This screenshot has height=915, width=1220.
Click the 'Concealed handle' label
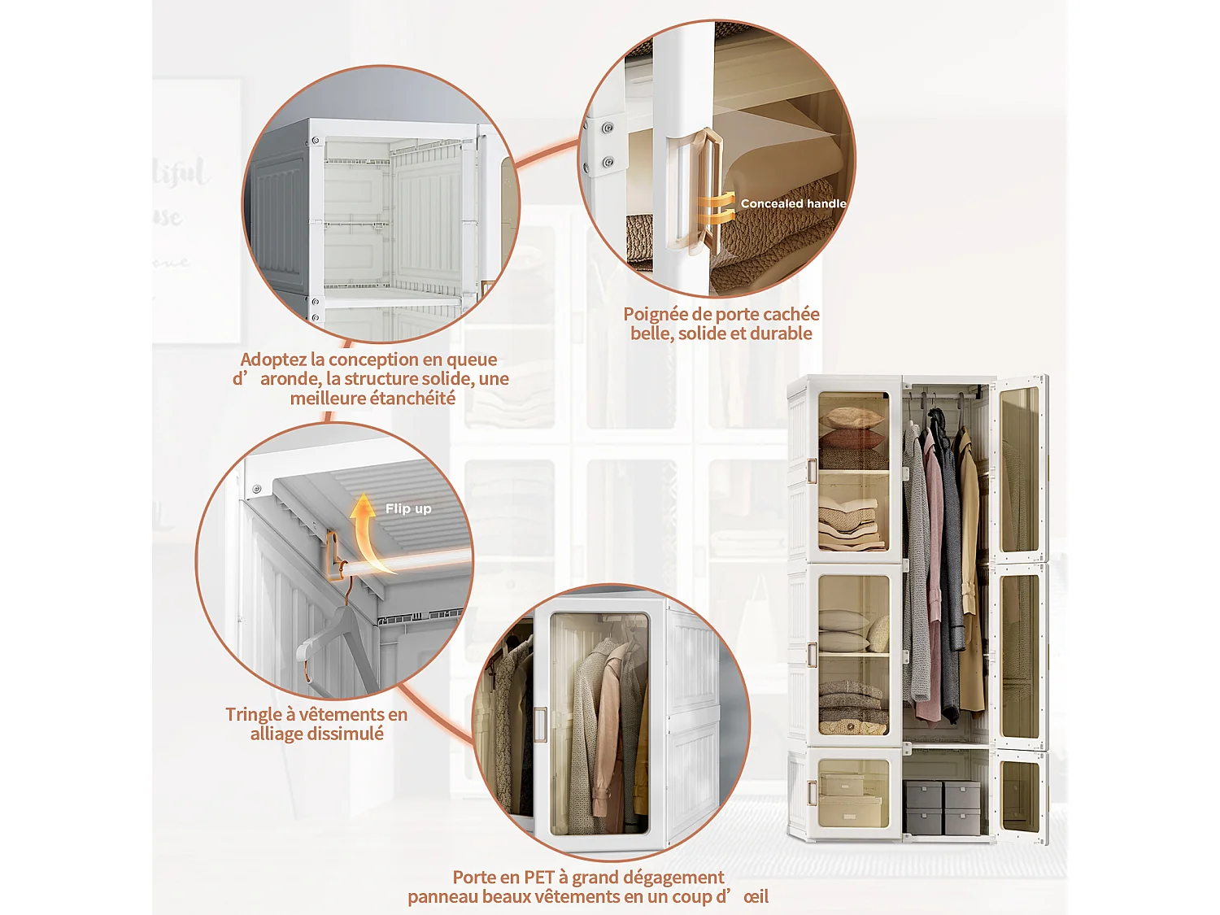click(793, 203)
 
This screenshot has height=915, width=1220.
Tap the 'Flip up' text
click(408, 508)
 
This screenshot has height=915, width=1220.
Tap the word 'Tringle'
click(254, 714)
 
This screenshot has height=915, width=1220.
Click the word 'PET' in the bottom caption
click(539, 877)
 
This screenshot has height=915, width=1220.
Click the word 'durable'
click(781, 333)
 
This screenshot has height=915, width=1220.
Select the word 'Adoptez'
click(273, 359)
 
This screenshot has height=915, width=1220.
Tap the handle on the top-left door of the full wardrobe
click(811, 470)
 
